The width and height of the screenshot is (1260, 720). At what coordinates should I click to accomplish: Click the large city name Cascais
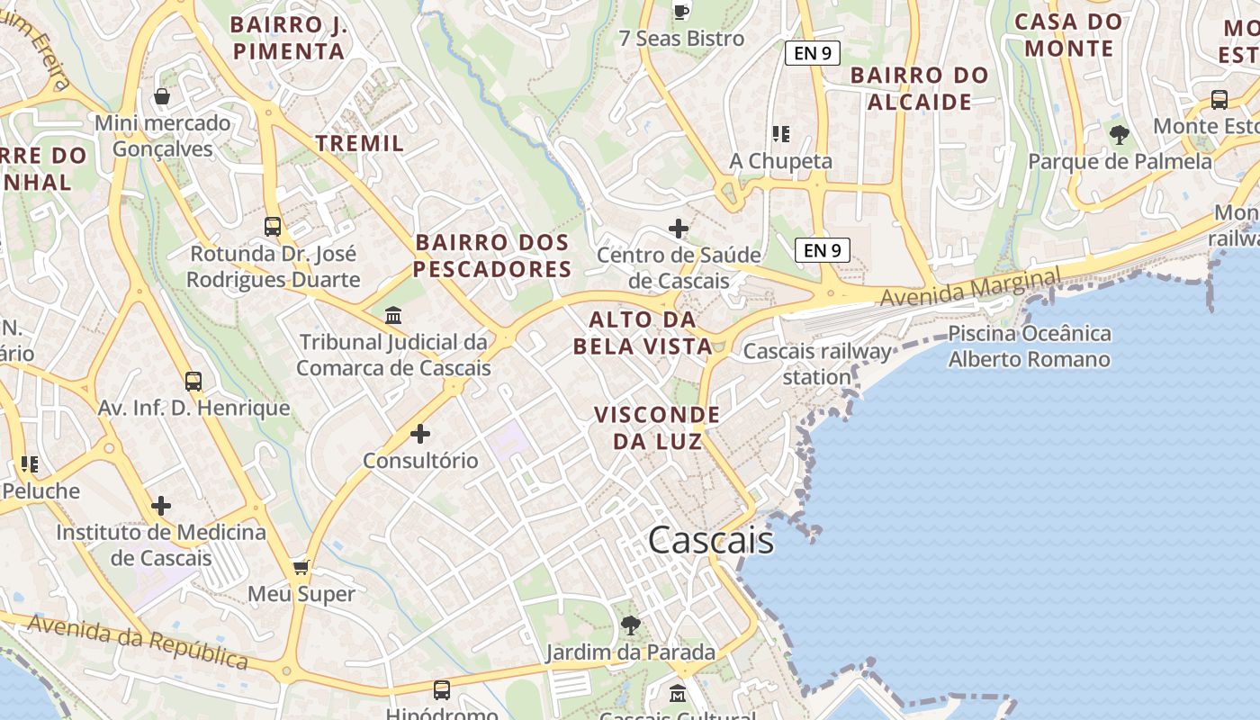[710, 540]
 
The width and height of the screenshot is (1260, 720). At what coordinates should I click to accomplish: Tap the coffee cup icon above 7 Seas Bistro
[681, 12]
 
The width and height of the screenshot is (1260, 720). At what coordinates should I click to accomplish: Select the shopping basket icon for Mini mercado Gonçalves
[162, 96]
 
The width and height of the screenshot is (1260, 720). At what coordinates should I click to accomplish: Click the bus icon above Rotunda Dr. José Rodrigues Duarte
[273, 226]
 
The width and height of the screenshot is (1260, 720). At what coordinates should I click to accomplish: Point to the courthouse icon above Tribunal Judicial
[393, 316]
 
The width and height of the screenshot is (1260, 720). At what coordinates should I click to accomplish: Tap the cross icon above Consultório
[420, 434]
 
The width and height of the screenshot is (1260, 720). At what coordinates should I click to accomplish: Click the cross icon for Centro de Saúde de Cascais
[679, 229]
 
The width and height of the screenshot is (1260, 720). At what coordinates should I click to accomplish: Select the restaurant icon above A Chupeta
[780, 134]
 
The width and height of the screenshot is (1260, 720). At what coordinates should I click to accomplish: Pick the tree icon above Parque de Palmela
[1120, 135]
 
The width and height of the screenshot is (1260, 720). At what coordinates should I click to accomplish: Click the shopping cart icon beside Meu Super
[301, 567]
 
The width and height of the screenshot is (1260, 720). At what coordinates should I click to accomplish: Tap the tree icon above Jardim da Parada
[631, 625]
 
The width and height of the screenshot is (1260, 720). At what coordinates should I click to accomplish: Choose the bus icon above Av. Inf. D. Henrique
[193, 381]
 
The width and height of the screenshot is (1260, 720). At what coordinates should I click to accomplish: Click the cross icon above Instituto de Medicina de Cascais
[161, 506]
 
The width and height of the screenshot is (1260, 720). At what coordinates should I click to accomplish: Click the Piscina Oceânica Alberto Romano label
[1029, 346]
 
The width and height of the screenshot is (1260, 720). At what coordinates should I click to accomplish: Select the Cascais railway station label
[816, 364]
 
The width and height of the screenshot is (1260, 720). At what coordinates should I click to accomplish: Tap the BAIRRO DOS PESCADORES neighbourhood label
[492, 256]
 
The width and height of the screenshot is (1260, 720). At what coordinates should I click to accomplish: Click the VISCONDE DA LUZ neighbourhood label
[657, 427]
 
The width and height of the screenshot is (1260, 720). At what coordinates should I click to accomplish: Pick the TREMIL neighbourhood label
[360, 143]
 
